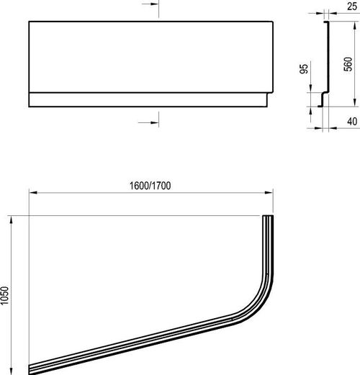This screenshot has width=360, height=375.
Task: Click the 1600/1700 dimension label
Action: point(150,186)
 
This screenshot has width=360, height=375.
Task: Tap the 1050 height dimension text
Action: point(4,296)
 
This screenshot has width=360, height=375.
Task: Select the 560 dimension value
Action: point(348,64)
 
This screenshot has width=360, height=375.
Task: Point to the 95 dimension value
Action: point(304,69)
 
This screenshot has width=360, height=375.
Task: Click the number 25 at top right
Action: point(352,6)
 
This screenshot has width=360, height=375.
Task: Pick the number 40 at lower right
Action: point(352,122)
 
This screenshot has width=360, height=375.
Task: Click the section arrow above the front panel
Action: point(150,4)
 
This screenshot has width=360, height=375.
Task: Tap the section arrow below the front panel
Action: point(148,122)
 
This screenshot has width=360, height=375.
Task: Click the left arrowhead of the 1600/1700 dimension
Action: point(33,192)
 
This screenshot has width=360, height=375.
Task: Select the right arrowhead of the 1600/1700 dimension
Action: point(269,192)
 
